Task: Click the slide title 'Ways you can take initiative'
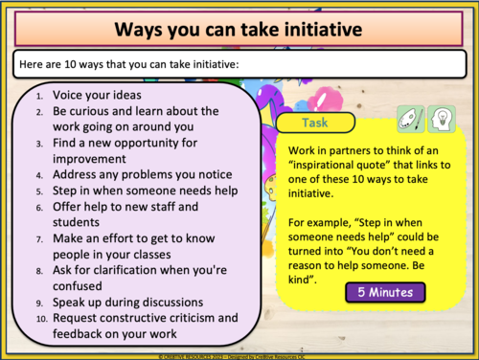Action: pyautogui.click(x=239, y=29)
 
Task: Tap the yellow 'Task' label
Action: pyautogui.click(x=314, y=124)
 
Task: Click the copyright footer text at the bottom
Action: pyautogui.click(x=239, y=354)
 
